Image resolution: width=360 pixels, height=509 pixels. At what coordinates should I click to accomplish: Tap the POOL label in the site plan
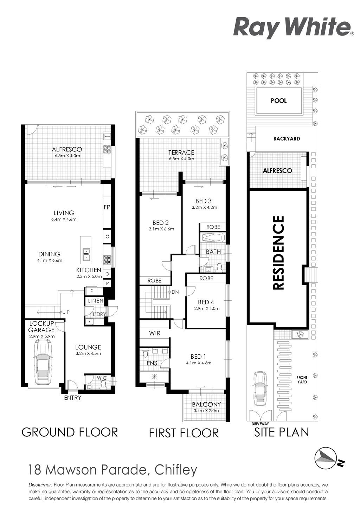pyautogui.click(x=278, y=101)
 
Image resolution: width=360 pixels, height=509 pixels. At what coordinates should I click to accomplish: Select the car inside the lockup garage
pyautogui.click(x=43, y=360)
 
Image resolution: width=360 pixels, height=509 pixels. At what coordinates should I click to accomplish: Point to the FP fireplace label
pyautogui.click(x=107, y=207)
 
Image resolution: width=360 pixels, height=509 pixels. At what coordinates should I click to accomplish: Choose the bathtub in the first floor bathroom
pyautogui.click(x=213, y=238)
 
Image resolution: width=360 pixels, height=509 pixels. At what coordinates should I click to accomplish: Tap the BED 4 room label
pyautogui.click(x=206, y=302)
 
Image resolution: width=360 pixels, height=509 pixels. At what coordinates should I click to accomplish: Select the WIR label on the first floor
pyautogui.click(x=155, y=333)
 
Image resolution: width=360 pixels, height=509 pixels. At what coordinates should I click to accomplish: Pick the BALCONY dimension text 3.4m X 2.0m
pyautogui.click(x=206, y=411)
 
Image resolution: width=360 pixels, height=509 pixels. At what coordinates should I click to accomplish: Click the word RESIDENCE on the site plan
pyautogui.click(x=278, y=253)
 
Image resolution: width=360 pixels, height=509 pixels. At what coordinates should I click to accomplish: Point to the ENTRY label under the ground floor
pyautogui.click(x=72, y=398)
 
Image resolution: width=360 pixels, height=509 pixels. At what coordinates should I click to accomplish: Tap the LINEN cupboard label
pyautogui.click(x=96, y=301)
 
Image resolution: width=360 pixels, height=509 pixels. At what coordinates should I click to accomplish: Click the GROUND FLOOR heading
pyautogui.click(x=70, y=432)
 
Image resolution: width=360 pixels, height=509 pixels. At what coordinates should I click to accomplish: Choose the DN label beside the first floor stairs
pyautogui.click(x=175, y=292)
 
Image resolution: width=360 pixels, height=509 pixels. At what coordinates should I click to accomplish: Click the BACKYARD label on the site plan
pyautogui.click(x=287, y=139)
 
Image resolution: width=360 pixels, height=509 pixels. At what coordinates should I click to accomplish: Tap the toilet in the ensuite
pyautogui.click(x=144, y=354)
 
